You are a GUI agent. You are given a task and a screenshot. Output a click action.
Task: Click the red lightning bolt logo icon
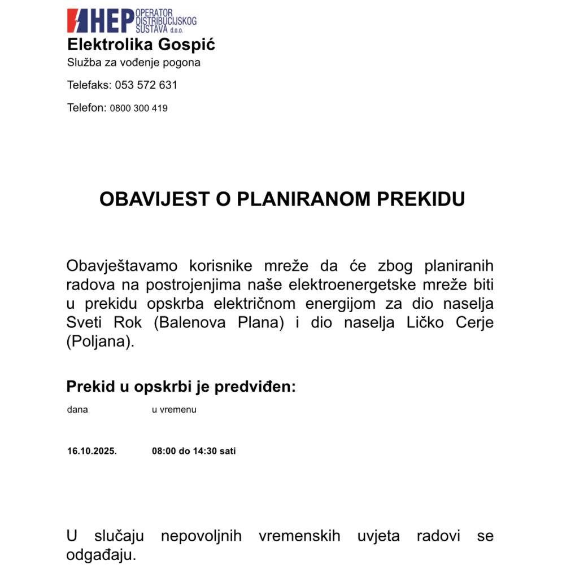click(77, 21)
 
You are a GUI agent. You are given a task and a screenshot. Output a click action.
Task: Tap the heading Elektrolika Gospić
click(141, 45)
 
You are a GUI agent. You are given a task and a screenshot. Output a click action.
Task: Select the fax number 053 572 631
click(146, 85)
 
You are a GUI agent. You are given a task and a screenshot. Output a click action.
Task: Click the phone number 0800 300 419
click(138, 108)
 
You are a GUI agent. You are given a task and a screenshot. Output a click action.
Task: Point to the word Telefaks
click(89, 85)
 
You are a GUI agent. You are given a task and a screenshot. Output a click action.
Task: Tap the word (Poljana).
click(101, 343)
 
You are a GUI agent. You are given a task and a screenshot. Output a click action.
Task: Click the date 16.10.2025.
click(92, 451)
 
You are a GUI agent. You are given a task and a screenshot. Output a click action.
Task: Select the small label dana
click(77, 410)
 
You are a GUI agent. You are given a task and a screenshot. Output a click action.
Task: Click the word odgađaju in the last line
click(101, 555)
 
